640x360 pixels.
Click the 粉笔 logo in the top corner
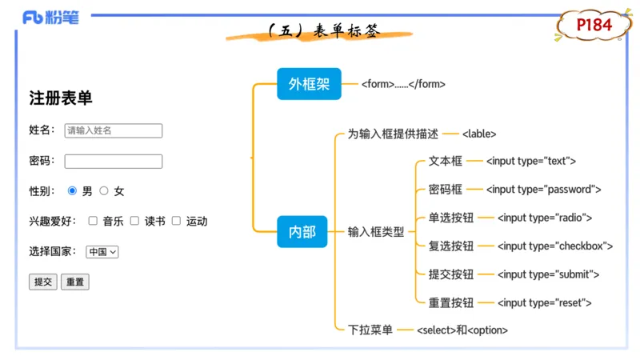[x=50, y=18]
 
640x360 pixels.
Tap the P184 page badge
[x=594, y=26]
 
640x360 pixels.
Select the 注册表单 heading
[x=61, y=98]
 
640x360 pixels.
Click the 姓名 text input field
[x=113, y=130]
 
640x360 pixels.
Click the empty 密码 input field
[x=113, y=161]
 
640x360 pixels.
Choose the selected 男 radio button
[x=73, y=191]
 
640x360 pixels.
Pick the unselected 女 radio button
[x=104, y=191]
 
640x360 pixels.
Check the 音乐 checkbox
[x=93, y=221]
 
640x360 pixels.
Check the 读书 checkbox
[x=134, y=221]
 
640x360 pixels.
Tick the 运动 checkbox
[x=176, y=221]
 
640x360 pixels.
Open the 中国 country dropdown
[x=102, y=251]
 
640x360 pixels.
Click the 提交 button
[x=43, y=282]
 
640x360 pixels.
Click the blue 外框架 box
[x=309, y=84]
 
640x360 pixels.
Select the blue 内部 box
[x=302, y=232]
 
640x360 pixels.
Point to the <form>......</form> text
[x=403, y=84]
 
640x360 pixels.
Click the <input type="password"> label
[x=543, y=190]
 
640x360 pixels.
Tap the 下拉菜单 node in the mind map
[x=370, y=330]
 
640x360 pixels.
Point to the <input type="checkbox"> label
[x=555, y=246]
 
